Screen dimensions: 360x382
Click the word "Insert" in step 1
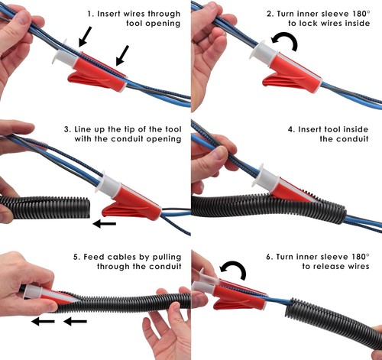(112, 13)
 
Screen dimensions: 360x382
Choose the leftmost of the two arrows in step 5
(43, 322)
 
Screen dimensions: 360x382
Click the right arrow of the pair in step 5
(74, 322)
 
